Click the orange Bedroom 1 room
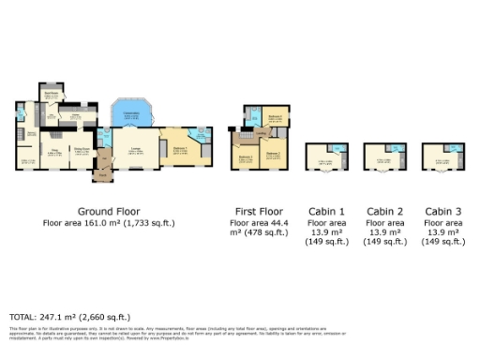[x=180, y=150]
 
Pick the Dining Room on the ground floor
[x=82, y=152]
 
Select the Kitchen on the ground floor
[x=68, y=118]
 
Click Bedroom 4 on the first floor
[x=275, y=119]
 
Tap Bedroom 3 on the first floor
[x=245, y=157]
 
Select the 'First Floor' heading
[x=257, y=211]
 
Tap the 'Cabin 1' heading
[x=326, y=211]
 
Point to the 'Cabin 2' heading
[x=385, y=211]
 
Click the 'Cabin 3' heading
[x=443, y=211]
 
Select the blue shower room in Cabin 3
[x=454, y=149]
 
